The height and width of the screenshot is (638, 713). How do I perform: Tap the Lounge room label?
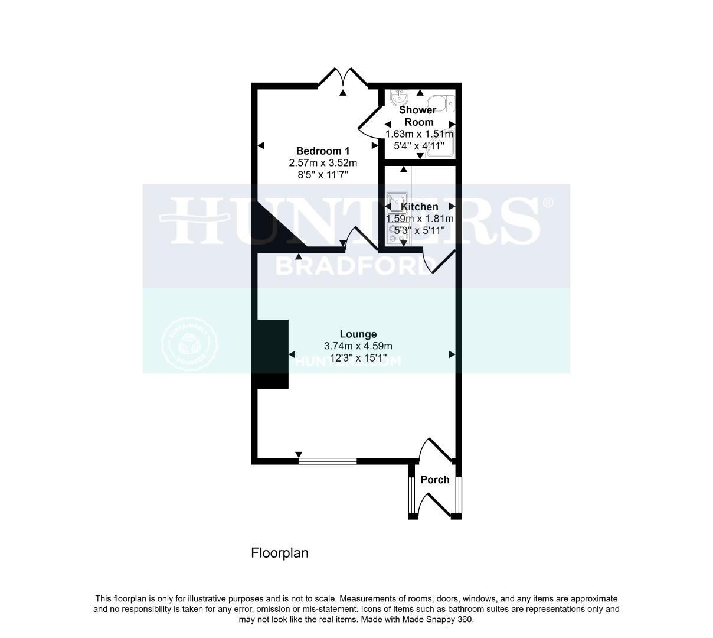[x=358, y=334]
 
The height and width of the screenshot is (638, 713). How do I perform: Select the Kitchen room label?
[x=420, y=207]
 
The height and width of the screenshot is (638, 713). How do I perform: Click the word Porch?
[x=435, y=480]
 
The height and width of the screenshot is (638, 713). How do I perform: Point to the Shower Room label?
[x=418, y=116]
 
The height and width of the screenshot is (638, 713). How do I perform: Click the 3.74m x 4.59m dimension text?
[x=358, y=346]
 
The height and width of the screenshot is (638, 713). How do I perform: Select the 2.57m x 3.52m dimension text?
[x=323, y=162]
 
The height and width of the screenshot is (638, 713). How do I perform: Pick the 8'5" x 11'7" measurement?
[x=323, y=174]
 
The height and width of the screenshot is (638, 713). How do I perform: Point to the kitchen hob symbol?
[x=394, y=236]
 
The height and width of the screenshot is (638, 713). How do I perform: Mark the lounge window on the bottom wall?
[x=328, y=460]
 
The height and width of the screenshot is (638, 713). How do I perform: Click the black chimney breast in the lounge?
[x=273, y=354]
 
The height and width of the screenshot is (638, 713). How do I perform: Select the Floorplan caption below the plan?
[x=280, y=553]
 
